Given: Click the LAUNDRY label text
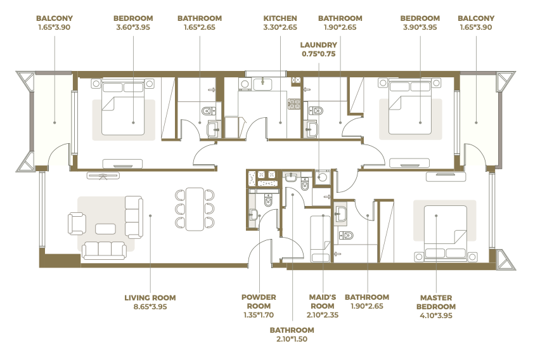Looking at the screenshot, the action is [319, 45].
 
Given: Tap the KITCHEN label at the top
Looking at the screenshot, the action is [280, 18].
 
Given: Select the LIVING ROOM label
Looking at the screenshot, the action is [150, 298].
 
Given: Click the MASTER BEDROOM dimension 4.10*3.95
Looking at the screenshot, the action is [436, 316].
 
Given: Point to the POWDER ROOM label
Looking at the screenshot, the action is [259, 302].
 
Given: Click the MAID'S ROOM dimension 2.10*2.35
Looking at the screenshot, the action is [323, 315].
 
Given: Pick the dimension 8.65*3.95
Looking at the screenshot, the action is [150, 307].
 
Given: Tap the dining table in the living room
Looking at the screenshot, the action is [195, 209].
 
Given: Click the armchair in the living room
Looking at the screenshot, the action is [77, 224].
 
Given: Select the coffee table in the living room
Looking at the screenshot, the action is [105, 229].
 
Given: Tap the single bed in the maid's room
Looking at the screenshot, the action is [321, 239].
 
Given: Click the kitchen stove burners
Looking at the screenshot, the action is [294, 104].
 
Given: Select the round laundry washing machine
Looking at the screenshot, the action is [323, 177].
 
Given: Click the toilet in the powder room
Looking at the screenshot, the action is [268, 200].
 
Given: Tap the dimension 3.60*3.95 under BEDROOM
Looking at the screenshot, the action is [133, 27].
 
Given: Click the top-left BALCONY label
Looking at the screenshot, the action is [55, 18].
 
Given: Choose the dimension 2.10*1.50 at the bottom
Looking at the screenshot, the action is [292, 339].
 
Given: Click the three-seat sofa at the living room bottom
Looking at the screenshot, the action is [104, 250].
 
